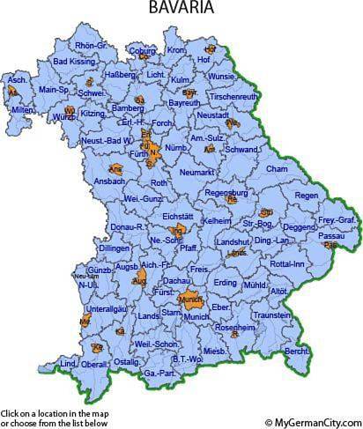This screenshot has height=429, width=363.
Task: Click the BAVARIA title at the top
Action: (x=182, y=10)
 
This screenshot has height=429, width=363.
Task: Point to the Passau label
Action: (x=330, y=236)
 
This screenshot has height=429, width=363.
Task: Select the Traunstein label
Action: (x=271, y=314)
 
